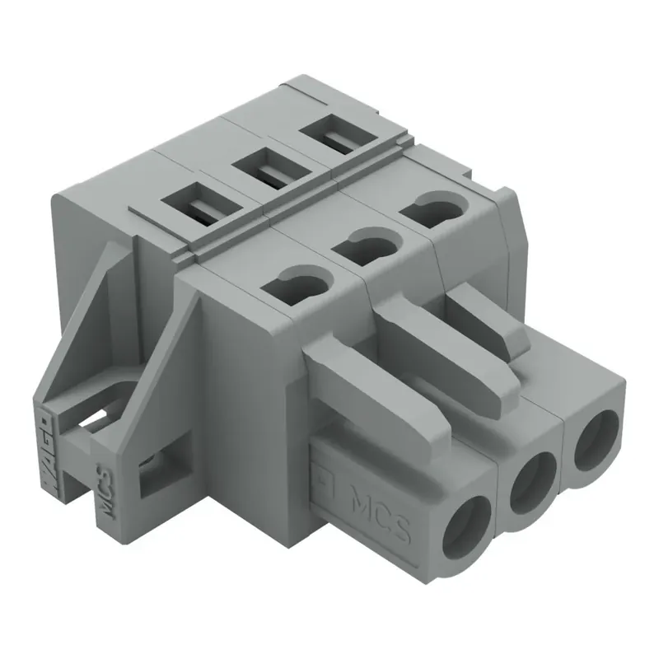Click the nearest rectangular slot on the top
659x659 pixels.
click(195, 203)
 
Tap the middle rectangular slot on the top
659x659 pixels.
click(265, 168)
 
